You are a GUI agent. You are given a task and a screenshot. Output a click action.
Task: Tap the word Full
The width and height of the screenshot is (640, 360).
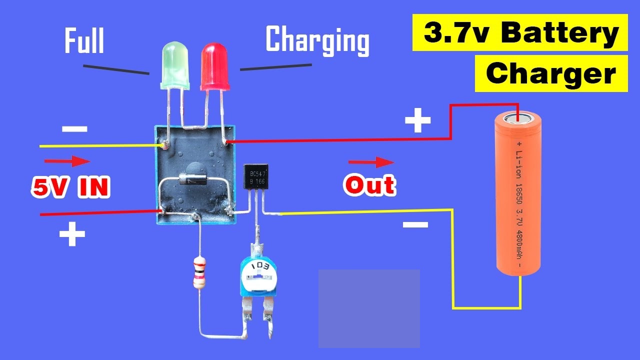pyautogui.click(x=84, y=41)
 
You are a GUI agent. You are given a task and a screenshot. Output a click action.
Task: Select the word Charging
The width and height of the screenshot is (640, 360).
pyautogui.click(x=317, y=40)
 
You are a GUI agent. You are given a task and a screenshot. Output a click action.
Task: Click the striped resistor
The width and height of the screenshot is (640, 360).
pyautogui.click(x=199, y=272)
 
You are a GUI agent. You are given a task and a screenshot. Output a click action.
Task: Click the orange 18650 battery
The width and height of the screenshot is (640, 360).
pyautogui.click(x=520, y=193)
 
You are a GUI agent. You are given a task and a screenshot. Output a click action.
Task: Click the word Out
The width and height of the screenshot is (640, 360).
pyautogui.click(x=369, y=185)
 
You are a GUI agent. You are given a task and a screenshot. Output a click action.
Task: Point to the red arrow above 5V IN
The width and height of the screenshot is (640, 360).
pyautogui.click(x=67, y=161)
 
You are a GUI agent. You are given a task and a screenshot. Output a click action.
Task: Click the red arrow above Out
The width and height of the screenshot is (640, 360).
pyautogui.click(x=371, y=162)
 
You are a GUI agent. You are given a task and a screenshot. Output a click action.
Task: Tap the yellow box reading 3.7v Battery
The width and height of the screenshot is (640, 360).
pyautogui.click(x=520, y=33)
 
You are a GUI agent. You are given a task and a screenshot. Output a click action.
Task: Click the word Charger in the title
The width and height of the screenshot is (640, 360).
pyautogui.click(x=551, y=74)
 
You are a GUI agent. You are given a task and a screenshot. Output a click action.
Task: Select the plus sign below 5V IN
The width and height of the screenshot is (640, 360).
pyautogui.click(x=72, y=234)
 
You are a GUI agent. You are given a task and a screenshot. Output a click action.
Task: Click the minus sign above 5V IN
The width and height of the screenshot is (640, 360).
pyautogui.click(x=74, y=129)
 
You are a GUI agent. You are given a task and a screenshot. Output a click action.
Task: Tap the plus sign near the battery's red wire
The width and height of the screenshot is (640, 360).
pyautogui.click(x=417, y=121)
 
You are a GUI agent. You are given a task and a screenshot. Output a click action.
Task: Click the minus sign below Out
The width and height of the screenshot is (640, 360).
pyautogui.click(x=415, y=224)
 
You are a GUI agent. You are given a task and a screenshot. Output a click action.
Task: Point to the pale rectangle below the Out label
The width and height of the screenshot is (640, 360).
pyautogui.click(x=369, y=308)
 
